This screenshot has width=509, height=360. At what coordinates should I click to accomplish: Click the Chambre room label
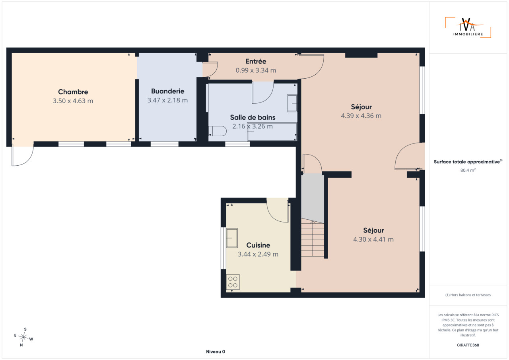[73, 92]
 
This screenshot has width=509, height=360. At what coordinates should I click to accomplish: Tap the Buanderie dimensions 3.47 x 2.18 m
[167, 100]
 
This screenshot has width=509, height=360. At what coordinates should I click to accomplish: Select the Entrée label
[256, 61]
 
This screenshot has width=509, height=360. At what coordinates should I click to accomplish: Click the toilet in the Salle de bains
[218, 131]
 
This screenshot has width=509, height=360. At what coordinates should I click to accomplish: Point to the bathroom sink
[292, 103]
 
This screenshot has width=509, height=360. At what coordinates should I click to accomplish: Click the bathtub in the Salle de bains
[272, 132]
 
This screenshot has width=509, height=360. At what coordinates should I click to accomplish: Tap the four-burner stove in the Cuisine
[233, 282]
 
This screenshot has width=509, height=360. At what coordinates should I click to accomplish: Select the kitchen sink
[232, 238]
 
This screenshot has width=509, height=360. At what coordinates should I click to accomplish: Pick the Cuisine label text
[258, 245]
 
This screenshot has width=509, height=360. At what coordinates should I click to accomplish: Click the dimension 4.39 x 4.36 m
[361, 116]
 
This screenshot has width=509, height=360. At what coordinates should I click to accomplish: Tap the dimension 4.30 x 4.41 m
[373, 239]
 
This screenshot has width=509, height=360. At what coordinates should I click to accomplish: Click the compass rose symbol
[23, 337]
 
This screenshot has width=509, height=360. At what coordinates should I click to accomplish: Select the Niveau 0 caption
[216, 352]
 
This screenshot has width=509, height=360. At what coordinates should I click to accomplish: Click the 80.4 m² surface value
[468, 170]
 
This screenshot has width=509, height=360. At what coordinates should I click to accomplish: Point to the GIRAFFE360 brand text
[468, 345]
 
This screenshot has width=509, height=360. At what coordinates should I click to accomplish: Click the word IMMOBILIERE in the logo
[468, 34]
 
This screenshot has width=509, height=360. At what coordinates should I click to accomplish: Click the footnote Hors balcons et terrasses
[468, 295]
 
